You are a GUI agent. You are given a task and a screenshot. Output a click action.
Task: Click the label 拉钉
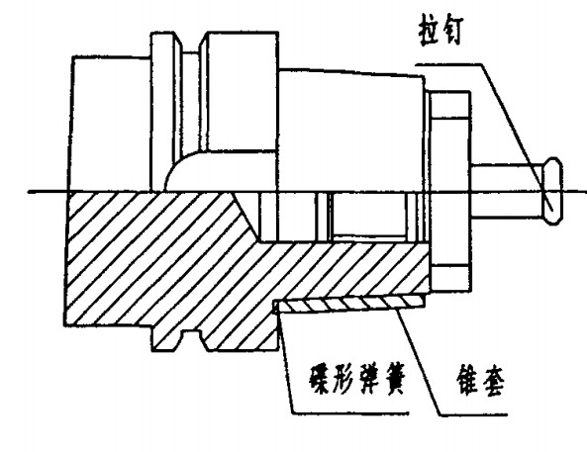point(441,30)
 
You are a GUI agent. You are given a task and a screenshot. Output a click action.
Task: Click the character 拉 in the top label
point(429,30)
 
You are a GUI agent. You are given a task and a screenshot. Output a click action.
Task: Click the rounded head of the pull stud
point(552,191)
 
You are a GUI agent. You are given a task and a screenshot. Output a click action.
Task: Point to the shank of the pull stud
point(507,191)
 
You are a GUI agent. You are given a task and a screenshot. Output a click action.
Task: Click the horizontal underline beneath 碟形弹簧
point(350,413)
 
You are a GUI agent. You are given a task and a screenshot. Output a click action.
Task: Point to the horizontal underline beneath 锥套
point(473,414)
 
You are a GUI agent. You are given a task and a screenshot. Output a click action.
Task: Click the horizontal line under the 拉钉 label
point(448,64)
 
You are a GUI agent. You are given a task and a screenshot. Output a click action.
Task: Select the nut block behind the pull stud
point(449,191)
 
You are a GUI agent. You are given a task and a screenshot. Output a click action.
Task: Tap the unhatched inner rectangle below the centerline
point(369,215)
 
